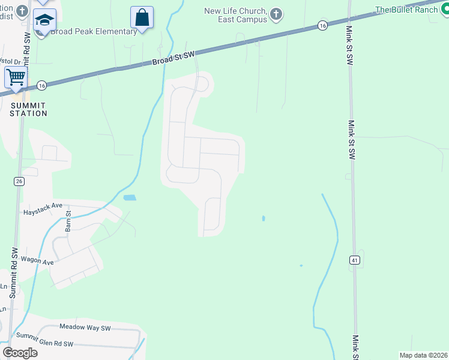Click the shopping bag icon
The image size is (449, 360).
pyautogui.click(x=142, y=17)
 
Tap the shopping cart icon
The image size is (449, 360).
pyautogui.click(x=15, y=77)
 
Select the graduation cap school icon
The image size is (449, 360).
pyautogui.click(x=44, y=20)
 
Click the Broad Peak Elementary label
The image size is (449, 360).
pyautogui.click(x=94, y=32)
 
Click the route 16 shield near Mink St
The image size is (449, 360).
pyautogui.click(x=322, y=25)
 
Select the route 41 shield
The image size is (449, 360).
pyautogui.click(x=355, y=259)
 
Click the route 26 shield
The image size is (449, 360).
pyautogui.click(x=19, y=181)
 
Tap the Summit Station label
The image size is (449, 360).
pyautogui.click(x=28, y=109)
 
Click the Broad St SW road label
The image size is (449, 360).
pyautogui.click(x=173, y=58)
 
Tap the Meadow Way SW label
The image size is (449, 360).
pyautogui.click(x=85, y=328)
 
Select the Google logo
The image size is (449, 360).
pyautogui.click(x=20, y=353)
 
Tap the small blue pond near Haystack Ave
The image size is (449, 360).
pyautogui.click(x=129, y=197)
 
